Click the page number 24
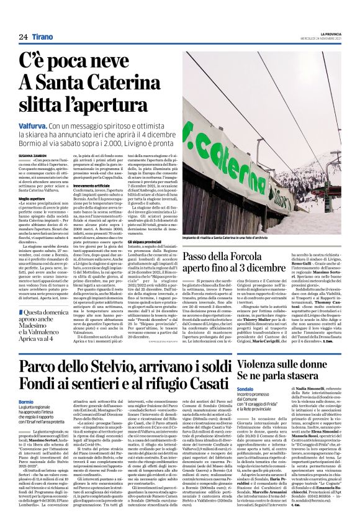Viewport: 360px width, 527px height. click(24, 37)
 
